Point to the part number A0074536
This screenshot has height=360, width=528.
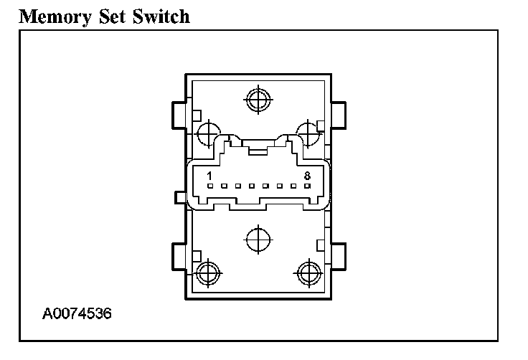point(77,314)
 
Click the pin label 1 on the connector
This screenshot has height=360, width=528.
point(209,175)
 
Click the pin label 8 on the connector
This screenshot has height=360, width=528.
point(307,175)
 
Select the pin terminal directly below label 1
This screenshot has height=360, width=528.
point(209,186)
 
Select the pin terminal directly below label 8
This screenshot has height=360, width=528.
point(307,186)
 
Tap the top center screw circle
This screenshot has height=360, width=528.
point(256,100)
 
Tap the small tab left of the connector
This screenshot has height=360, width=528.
point(180,196)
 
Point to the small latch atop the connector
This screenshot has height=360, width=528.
point(257,150)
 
